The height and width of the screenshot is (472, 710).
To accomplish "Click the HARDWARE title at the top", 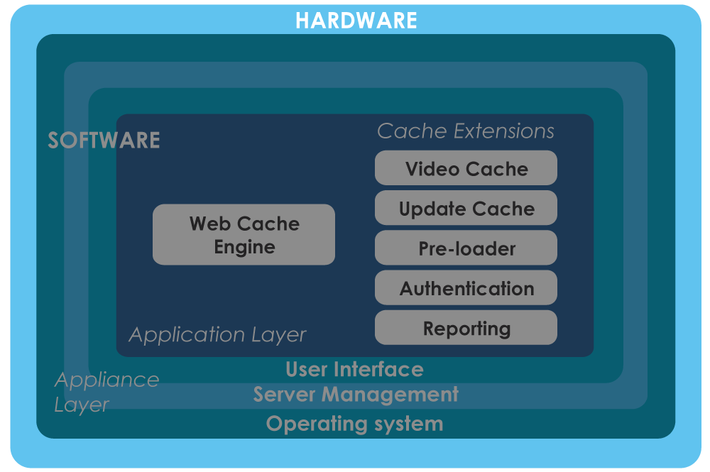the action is click(356, 21).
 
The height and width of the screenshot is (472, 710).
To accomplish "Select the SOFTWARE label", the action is click(104, 141).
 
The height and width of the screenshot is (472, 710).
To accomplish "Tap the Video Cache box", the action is click(466, 168).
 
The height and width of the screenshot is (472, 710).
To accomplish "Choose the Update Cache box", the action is click(466, 208).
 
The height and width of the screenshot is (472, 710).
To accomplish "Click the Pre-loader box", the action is click(466, 248).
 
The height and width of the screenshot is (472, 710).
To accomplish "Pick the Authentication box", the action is click(466, 287).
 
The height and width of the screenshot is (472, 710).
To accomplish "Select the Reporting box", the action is click(466, 327).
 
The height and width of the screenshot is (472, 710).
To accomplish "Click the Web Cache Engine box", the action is click(244, 234).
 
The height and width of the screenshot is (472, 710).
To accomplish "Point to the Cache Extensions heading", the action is click(466, 131).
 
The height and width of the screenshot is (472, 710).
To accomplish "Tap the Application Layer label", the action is click(217, 335).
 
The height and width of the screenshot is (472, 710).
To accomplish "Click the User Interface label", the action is click(354, 369).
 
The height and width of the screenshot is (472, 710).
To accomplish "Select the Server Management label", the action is click(356, 395).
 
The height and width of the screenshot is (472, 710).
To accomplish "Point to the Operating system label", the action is click(354, 424).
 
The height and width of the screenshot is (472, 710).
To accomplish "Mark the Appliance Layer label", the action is click(107, 393).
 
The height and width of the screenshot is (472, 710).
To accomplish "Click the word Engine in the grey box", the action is click(244, 248).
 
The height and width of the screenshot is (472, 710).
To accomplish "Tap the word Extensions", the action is click(504, 131).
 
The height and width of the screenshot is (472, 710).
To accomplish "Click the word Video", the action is click(432, 169).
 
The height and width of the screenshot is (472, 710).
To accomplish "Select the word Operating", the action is click(317, 424).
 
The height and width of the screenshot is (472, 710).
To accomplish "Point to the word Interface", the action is click(380, 369).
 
